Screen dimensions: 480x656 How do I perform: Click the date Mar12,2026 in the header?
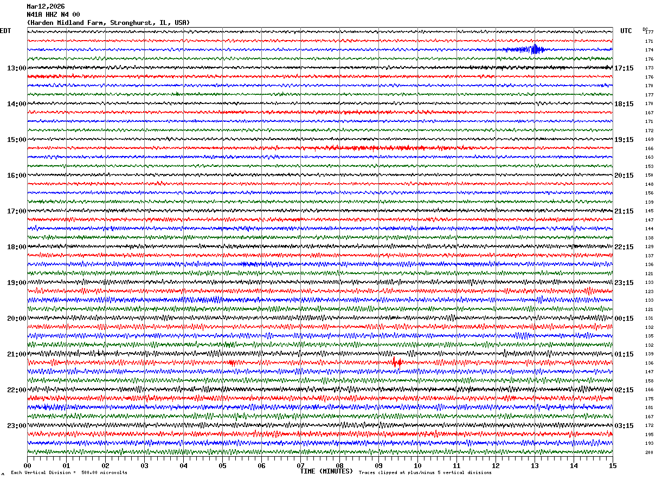46,7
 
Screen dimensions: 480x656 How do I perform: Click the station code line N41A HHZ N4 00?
53,15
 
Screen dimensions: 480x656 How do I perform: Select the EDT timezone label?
5,31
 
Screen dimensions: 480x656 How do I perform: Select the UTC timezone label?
626,31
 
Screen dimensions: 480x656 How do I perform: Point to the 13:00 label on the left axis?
16,68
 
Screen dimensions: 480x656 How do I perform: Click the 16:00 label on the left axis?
16,176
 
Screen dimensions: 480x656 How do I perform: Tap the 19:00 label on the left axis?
16,283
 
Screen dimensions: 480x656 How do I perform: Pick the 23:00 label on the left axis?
16,426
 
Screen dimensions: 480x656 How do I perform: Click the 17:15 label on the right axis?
623,68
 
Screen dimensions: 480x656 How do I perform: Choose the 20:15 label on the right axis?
623,176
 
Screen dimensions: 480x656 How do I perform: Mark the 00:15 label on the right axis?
623,319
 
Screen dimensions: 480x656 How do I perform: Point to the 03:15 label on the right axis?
623,426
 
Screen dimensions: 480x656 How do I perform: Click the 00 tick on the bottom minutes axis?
28,465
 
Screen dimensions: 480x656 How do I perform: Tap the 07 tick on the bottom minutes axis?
301,465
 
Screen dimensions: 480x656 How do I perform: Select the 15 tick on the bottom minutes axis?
613,465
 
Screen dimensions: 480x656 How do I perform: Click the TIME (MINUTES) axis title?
326,471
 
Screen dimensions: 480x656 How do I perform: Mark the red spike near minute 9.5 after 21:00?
396,362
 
